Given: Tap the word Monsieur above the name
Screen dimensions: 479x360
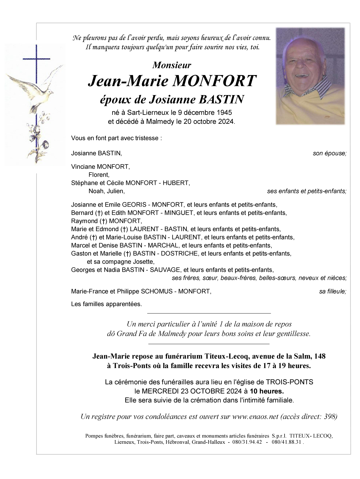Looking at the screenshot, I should (171, 65).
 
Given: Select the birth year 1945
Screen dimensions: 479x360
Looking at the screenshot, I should (222, 113).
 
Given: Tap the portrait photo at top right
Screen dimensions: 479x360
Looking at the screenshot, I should (310, 76).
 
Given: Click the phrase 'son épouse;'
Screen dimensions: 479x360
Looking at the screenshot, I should (329, 153).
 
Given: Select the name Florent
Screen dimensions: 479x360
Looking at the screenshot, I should (99, 175).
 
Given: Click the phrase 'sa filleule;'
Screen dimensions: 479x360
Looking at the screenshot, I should (332, 291).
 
